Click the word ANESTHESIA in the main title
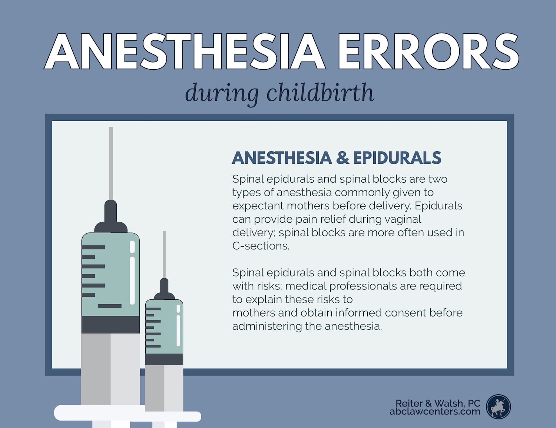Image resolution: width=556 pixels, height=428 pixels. [x=185, y=51]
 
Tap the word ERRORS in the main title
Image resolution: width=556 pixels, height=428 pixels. [x=428, y=51]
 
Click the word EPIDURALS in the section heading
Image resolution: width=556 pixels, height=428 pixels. [x=397, y=158]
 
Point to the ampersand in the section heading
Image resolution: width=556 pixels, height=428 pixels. [x=342, y=158]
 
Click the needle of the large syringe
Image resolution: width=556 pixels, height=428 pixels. [x=111, y=164]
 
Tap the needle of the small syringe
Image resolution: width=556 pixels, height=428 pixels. [x=164, y=255]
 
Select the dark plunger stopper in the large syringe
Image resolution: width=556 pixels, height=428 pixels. [x=110, y=325]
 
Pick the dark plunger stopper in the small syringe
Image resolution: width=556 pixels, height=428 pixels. [x=164, y=359]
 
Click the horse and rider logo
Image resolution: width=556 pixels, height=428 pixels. [x=498, y=407]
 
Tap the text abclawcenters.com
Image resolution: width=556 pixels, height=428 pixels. [x=435, y=411]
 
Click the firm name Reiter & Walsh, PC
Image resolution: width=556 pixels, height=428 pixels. [x=438, y=403]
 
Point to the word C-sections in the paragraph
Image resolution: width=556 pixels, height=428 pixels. [x=261, y=246]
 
